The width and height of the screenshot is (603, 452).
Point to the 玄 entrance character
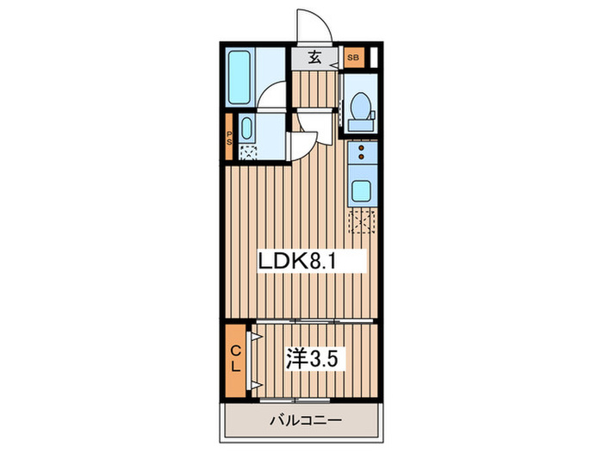click(314, 59)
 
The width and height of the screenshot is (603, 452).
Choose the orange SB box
click(352, 59)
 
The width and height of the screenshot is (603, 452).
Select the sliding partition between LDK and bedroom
click(314, 321)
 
